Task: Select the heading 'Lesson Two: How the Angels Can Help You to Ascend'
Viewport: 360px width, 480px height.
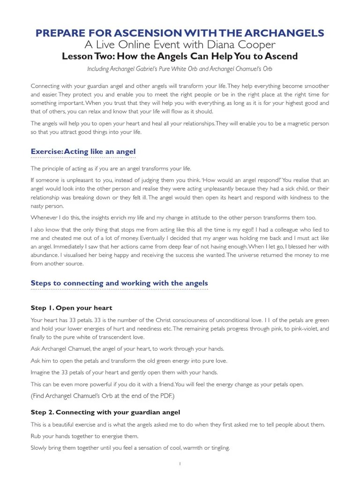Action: [x=180, y=56]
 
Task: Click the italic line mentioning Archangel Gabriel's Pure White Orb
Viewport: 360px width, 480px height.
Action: [x=180, y=68]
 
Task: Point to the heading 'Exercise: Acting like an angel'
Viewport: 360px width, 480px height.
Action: [x=83, y=151]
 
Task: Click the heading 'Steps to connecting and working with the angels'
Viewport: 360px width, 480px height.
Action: [x=119, y=283]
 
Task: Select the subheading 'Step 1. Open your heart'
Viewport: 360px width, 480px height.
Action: [x=71, y=307]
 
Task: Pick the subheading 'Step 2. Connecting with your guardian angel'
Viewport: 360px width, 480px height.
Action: [x=105, y=412]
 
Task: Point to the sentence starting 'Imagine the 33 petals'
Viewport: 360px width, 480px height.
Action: [x=124, y=372]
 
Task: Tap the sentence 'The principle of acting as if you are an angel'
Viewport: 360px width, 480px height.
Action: [x=111, y=168]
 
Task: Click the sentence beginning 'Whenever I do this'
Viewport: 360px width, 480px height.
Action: [x=173, y=217]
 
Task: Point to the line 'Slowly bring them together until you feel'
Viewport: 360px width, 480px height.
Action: [x=130, y=448]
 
